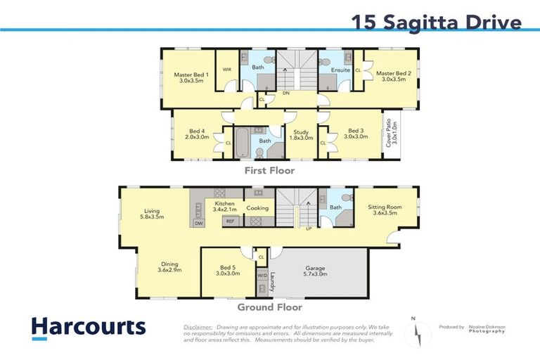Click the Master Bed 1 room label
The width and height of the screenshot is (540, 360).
coord(188,77)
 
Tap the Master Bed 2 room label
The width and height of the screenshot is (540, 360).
coord(393,77)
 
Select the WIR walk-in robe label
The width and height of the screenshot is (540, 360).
coord(227,70)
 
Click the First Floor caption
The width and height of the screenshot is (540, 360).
coord(269,170)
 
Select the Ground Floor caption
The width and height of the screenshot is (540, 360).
coord(270,307)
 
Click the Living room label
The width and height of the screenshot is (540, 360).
coord(152,213)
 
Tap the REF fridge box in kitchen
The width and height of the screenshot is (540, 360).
coord(229,221)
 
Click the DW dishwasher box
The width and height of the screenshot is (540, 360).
coord(198,223)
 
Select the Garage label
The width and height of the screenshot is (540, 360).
coord(316,271)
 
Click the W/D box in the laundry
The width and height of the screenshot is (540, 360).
coord(262,276)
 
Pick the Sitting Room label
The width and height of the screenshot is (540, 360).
coord(385,210)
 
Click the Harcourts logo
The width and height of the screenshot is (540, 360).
coord(89,328)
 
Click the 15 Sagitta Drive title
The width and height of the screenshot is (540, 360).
coord(436,22)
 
